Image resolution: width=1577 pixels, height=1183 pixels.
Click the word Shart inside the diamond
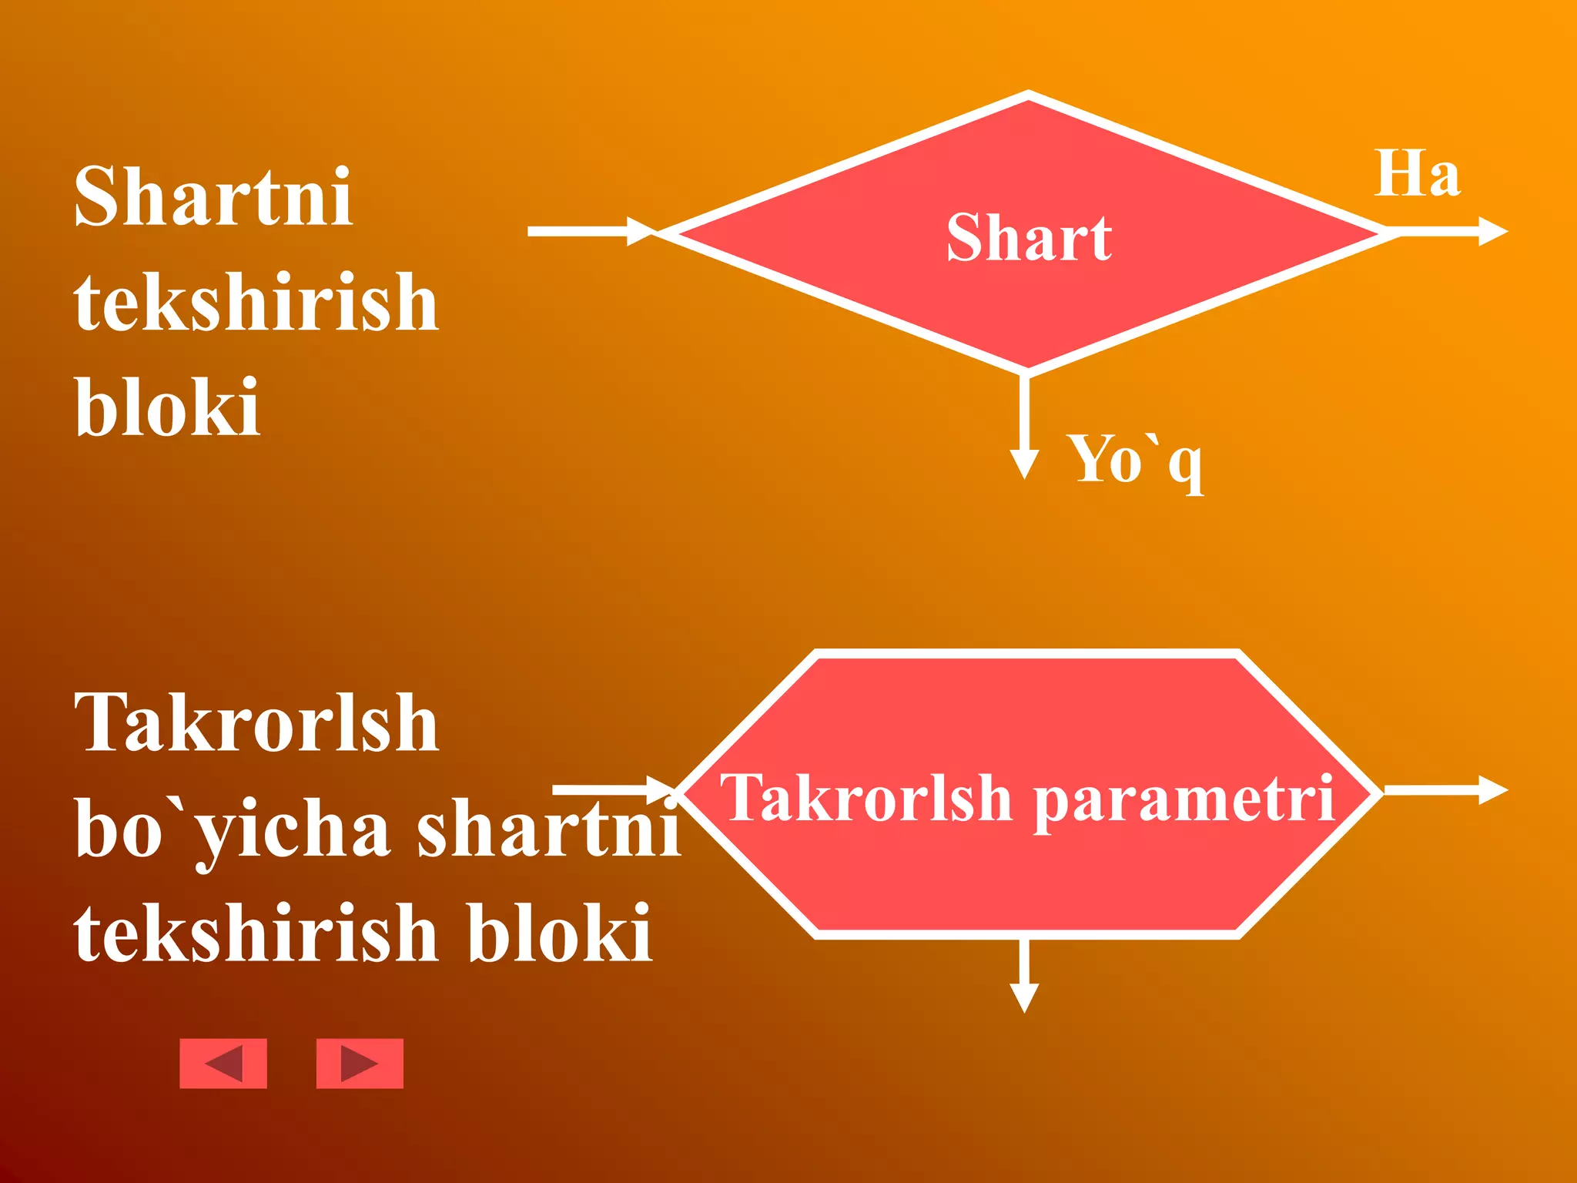[1029, 238]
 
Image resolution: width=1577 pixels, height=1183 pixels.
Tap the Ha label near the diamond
[1417, 174]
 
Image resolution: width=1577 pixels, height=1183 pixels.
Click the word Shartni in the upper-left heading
[213, 197]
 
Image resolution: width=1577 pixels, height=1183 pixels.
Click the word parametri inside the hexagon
[1184, 799]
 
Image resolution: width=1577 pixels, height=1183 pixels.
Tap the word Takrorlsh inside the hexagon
[866, 798]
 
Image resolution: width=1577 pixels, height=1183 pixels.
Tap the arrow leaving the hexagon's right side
[1445, 789]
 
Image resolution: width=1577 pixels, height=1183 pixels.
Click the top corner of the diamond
[1029, 96]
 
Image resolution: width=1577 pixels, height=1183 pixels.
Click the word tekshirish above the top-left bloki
[256, 302]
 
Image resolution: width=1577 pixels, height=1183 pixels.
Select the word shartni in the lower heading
[548, 829]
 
